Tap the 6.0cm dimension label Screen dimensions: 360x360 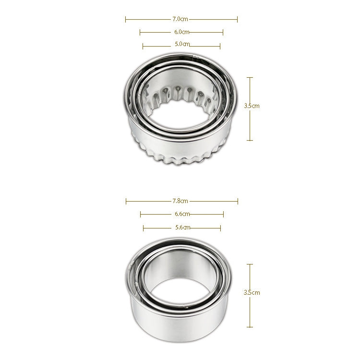pyautogui.click(x=181, y=32)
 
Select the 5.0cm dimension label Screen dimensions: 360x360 pyautogui.click(x=182, y=45)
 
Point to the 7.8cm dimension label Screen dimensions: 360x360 pyautogui.click(x=180, y=201)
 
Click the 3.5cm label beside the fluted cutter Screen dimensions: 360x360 pyautogui.click(x=252, y=106)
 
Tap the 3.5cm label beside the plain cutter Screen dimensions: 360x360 pyautogui.click(x=252, y=292)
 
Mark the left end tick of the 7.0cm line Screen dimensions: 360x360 pyautogui.click(x=126, y=19)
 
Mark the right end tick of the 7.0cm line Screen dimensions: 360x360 pyautogui.click(x=237, y=19)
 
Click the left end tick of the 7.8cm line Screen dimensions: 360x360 pyautogui.click(x=126, y=201)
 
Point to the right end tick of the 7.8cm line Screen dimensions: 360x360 pyautogui.click(x=238, y=201)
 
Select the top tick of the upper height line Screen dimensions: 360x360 pyautogui.click(x=250, y=77)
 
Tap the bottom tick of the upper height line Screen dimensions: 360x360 pyautogui.click(x=250, y=140)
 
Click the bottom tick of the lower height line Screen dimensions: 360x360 pyautogui.click(x=250, y=327)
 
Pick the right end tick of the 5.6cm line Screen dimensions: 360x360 pyautogui.click(x=220, y=228)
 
